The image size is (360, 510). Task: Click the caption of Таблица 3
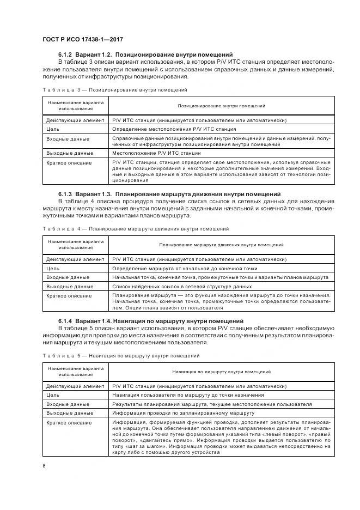click(115, 89)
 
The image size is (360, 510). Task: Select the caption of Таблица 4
click(136, 228)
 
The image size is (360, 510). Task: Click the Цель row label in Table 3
click(53, 129)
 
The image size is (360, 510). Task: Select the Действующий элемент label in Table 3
click(75, 120)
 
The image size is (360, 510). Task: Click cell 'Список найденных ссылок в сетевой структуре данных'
click(182, 286)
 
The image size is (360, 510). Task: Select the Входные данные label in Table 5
click(68, 404)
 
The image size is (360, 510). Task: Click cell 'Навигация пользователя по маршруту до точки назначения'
click(188, 395)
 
